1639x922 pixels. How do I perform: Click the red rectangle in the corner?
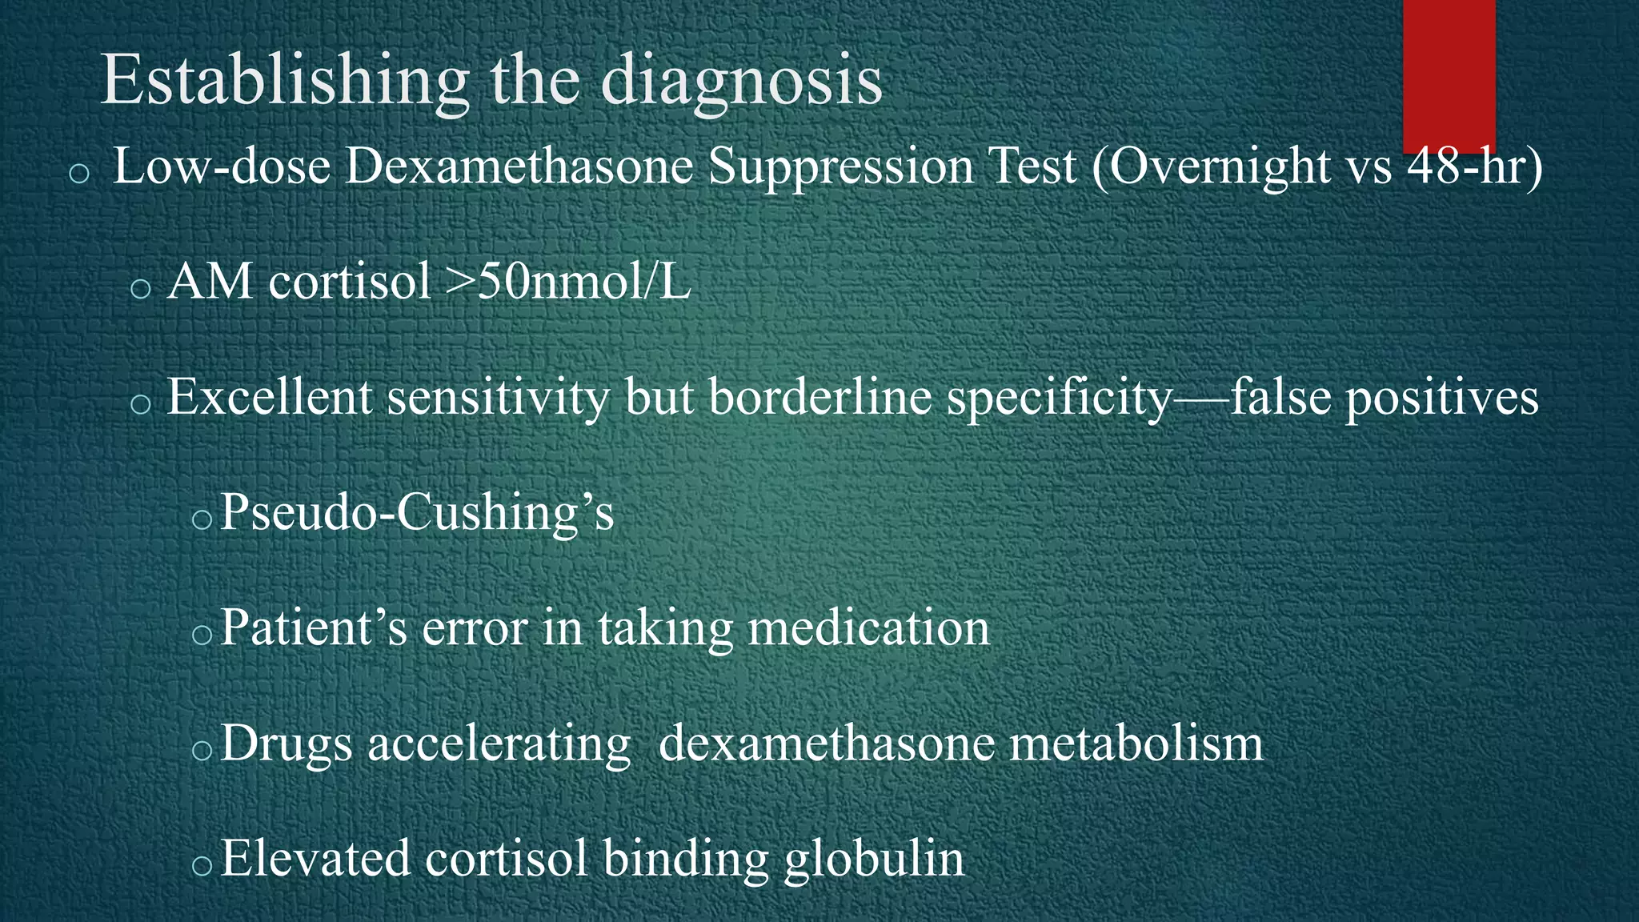tap(1449, 76)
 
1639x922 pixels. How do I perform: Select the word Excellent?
tap(269, 397)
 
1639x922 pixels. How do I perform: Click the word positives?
tap(1441, 397)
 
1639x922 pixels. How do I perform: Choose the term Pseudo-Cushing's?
tap(417, 512)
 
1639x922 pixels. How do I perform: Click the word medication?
tap(868, 627)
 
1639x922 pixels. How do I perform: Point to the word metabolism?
tap(1136, 743)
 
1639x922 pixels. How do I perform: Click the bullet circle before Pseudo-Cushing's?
tap(202, 520)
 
